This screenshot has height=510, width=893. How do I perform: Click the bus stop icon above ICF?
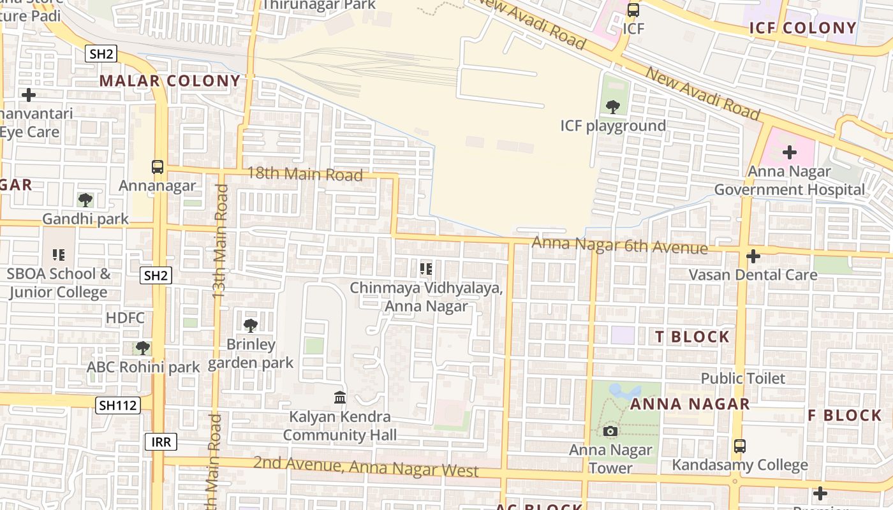pyautogui.click(x=633, y=10)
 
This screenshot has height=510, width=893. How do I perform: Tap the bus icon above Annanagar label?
pyautogui.click(x=158, y=167)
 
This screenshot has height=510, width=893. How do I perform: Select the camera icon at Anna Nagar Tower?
pyautogui.click(x=610, y=432)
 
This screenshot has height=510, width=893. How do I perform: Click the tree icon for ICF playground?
pyautogui.click(x=613, y=107)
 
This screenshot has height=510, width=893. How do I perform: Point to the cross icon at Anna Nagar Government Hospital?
pyautogui.click(x=790, y=152)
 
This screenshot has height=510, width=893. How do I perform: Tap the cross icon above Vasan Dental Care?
pyautogui.click(x=753, y=256)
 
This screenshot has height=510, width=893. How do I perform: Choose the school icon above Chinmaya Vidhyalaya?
pyautogui.click(x=426, y=269)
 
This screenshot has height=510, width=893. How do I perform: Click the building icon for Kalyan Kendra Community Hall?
pyautogui.click(x=340, y=398)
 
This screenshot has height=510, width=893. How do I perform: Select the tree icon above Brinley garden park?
pyautogui.click(x=251, y=326)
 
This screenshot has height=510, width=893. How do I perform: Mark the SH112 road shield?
pyautogui.click(x=118, y=405)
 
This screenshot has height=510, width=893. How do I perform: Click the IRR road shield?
pyautogui.click(x=161, y=442)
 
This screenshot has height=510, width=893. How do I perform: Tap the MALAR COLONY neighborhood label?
pyautogui.click(x=170, y=81)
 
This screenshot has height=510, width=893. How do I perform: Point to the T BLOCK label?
pyautogui.click(x=692, y=337)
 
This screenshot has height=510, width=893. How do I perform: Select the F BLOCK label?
pyautogui.click(x=845, y=416)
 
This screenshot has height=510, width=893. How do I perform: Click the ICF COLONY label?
pyautogui.click(x=802, y=28)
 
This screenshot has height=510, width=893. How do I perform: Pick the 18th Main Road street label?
pyautogui.click(x=305, y=173)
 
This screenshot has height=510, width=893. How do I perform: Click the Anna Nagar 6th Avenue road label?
pyautogui.click(x=619, y=245)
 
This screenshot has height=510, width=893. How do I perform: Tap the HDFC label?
pyautogui.click(x=126, y=318)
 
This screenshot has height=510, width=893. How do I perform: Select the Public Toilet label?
pyautogui.click(x=743, y=379)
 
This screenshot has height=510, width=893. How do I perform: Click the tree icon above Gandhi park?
pyautogui.click(x=85, y=200)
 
